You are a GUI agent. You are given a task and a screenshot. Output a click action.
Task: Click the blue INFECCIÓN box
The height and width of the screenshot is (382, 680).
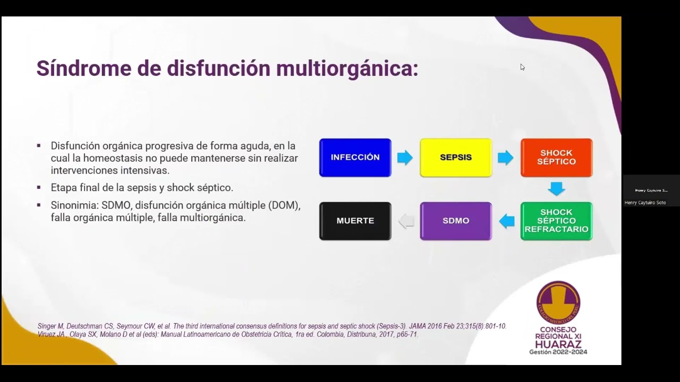pyautogui.click(x=355, y=158)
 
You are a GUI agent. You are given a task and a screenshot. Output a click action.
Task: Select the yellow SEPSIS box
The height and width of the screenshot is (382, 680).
pyautogui.click(x=456, y=158)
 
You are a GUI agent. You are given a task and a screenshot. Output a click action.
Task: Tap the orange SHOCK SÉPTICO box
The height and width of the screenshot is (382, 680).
pyautogui.click(x=556, y=158)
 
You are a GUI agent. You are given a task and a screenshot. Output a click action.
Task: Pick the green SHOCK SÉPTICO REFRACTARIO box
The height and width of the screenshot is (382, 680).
pyautogui.click(x=556, y=221)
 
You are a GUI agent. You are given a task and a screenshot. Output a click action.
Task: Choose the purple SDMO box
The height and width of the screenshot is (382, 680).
pyautogui.click(x=456, y=221)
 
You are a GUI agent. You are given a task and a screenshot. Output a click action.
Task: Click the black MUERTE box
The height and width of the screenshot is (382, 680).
pyautogui.click(x=355, y=221)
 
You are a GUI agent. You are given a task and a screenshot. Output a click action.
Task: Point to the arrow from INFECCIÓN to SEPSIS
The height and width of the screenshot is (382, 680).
pyautogui.click(x=405, y=158)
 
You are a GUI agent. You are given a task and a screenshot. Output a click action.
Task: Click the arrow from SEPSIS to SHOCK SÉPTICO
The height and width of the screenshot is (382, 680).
pyautogui.click(x=506, y=158)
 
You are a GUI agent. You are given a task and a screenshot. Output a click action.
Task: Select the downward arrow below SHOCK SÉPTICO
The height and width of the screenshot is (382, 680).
pyautogui.click(x=556, y=188)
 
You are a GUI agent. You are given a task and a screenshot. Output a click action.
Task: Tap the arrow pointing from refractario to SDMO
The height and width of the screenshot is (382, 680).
pyautogui.click(x=507, y=221)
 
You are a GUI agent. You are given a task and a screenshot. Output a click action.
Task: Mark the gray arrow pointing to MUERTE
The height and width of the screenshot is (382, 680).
pyautogui.click(x=406, y=221)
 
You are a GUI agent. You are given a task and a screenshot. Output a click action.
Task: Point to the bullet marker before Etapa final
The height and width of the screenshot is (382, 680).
pyautogui.click(x=39, y=188)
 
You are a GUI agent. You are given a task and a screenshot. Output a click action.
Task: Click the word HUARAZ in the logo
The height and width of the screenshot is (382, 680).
pyautogui.click(x=558, y=344)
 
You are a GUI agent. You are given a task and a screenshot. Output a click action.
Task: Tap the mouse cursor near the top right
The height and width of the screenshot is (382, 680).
pyautogui.click(x=522, y=67)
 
